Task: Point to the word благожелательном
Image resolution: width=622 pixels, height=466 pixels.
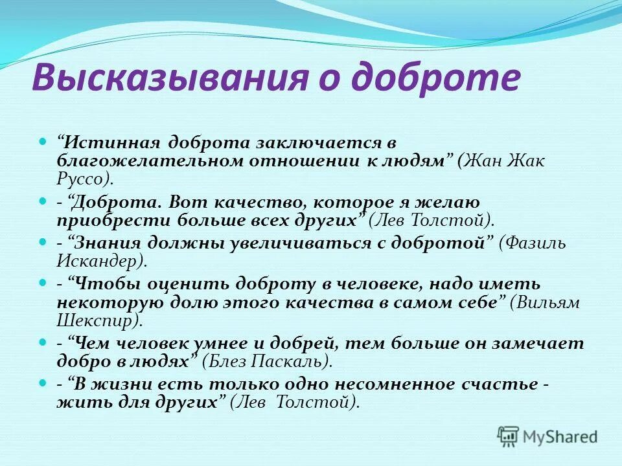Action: coord(152,161)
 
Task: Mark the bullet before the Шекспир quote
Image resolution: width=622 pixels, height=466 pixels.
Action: coord(43,283)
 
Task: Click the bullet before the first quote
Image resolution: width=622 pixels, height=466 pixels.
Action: coord(43,140)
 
